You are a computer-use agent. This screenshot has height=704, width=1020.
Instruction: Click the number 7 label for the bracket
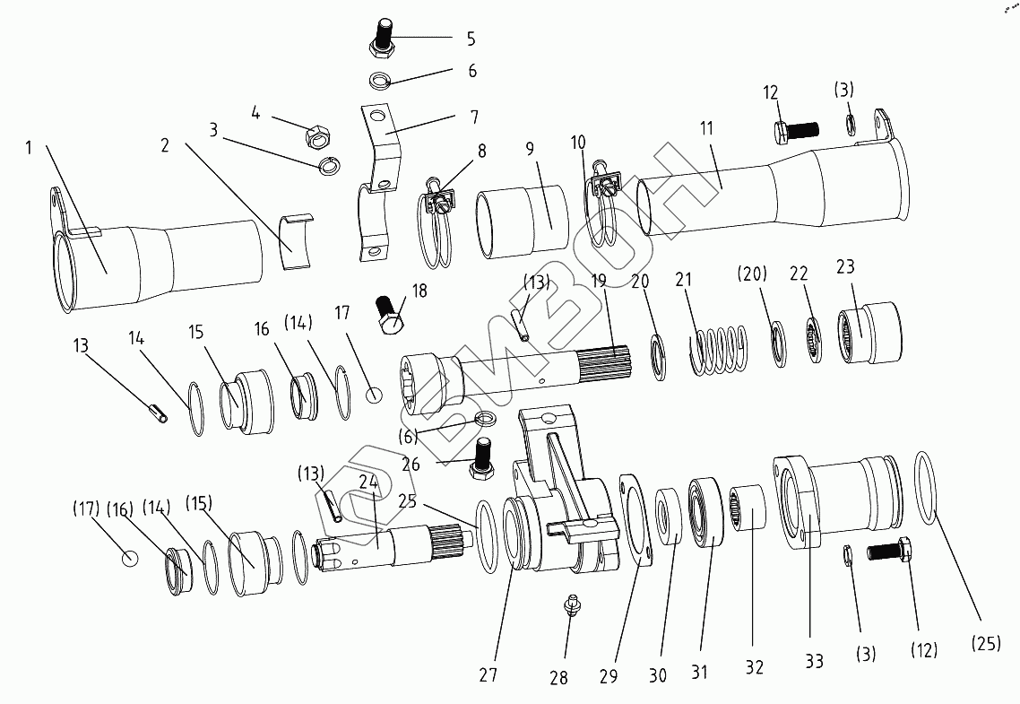pyautogui.click(x=473, y=117)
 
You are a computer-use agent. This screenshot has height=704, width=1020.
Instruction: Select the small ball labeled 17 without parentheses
pyautogui.click(x=375, y=394)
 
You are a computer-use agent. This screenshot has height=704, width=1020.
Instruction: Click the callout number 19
pyautogui.click(x=599, y=282)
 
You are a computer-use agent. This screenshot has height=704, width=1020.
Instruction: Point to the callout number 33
pyautogui.click(x=813, y=661)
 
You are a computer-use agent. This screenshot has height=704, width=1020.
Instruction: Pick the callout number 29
pyautogui.click(x=609, y=676)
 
